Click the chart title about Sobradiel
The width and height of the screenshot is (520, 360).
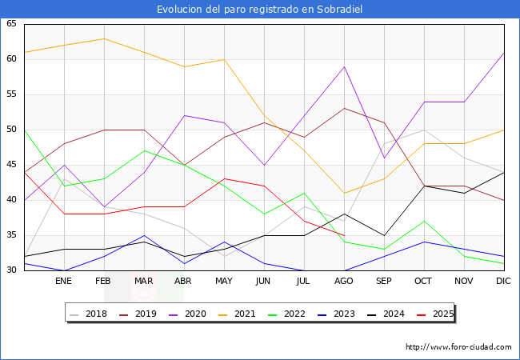pyautogui.click(x=260, y=10)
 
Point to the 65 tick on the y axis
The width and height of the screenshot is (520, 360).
pyautogui.click(x=11, y=24)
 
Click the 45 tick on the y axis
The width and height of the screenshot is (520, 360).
pyautogui.click(x=11, y=165)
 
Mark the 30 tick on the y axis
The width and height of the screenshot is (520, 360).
pyautogui.click(x=11, y=270)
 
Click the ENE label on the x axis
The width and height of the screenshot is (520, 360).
pyautogui.click(x=64, y=282)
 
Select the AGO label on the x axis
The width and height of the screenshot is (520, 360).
pyautogui.click(x=344, y=282)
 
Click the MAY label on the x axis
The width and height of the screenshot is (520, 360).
pyautogui.click(x=224, y=282)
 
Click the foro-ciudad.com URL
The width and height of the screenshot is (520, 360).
pyautogui.click(x=458, y=347)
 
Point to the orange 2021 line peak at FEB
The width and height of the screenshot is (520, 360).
pyautogui.click(x=104, y=38)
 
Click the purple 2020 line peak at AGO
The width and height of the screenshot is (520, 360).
pyautogui.click(x=344, y=66)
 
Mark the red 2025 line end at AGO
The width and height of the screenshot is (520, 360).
pyautogui.click(x=344, y=235)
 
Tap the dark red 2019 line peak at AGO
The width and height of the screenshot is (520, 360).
pyautogui.click(x=344, y=109)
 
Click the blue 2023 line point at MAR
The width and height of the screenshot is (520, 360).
pyautogui.click(x=144, y=235)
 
